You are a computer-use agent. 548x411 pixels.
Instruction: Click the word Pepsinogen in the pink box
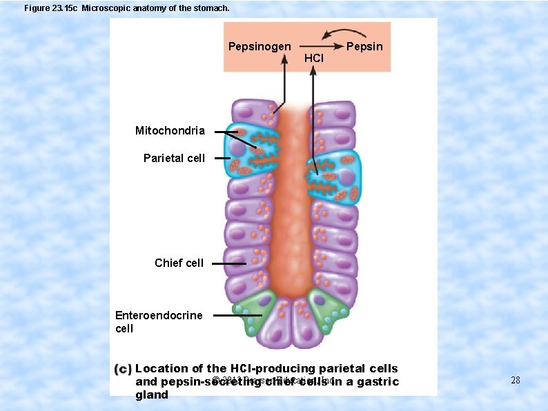(260, 47)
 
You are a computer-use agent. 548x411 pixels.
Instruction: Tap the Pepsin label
(364, 47)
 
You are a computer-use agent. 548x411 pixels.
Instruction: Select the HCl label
(313, 59)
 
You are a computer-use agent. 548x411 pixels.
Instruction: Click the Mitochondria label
(170, 130)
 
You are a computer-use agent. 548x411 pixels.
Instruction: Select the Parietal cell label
(174, 158)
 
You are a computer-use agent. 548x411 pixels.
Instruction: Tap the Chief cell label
(179, 263)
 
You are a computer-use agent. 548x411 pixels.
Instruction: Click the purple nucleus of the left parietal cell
(238, 149)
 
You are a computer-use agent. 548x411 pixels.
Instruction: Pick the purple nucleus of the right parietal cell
(347, 177)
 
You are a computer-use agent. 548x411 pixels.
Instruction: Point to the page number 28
(514, 380)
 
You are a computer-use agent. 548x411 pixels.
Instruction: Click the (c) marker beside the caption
(123, 369)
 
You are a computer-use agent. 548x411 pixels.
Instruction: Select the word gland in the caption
(152, 394)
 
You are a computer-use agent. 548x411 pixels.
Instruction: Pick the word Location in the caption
(162, 369)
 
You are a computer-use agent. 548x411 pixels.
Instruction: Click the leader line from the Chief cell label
(228, 263)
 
